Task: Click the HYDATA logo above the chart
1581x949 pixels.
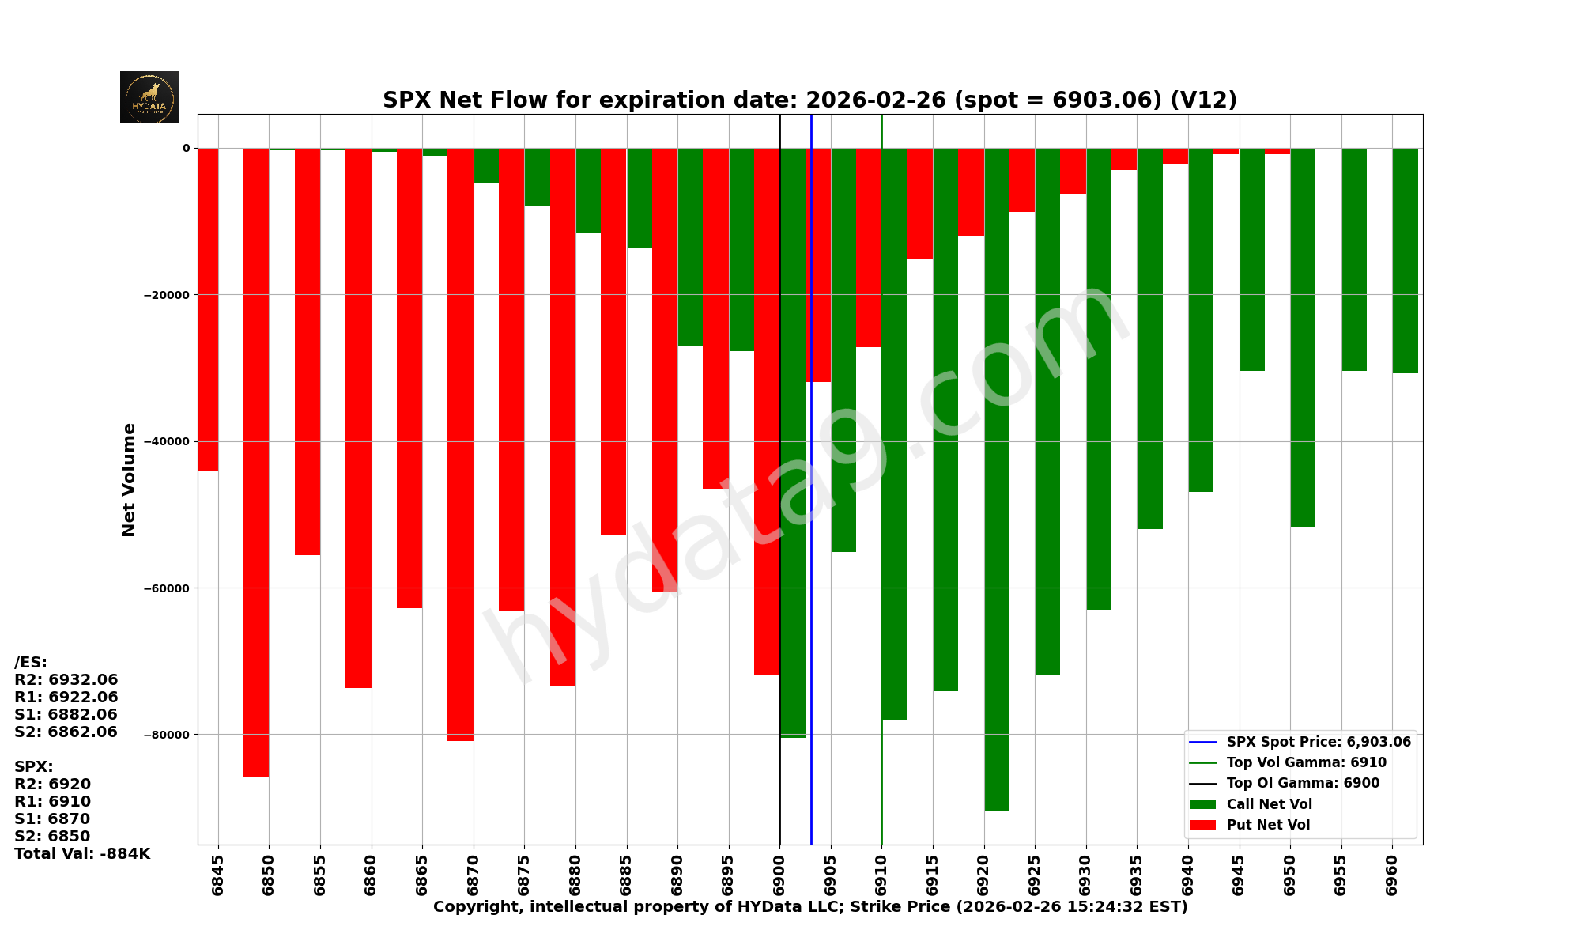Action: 149,97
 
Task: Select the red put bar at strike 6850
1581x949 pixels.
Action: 256,463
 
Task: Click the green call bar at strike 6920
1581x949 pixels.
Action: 997,478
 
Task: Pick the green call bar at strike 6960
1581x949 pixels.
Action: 1405,260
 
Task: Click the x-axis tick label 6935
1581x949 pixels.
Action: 1137,875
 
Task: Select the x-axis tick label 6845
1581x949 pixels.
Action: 218,875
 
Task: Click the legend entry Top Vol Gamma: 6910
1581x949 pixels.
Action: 1306,763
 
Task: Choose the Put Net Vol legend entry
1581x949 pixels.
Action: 1268,825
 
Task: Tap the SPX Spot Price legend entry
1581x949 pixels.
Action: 1318,743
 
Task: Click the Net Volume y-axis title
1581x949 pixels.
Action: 129,480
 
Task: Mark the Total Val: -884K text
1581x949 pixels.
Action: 82,854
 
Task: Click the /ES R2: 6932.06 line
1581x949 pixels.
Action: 66,680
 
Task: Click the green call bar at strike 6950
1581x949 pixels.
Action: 1303,337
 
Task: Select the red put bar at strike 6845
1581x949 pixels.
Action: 208,309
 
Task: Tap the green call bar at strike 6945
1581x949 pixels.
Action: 1252,259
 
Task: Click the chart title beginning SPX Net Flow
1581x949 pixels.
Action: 809,100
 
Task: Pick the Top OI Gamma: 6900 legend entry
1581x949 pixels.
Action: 1303,784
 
